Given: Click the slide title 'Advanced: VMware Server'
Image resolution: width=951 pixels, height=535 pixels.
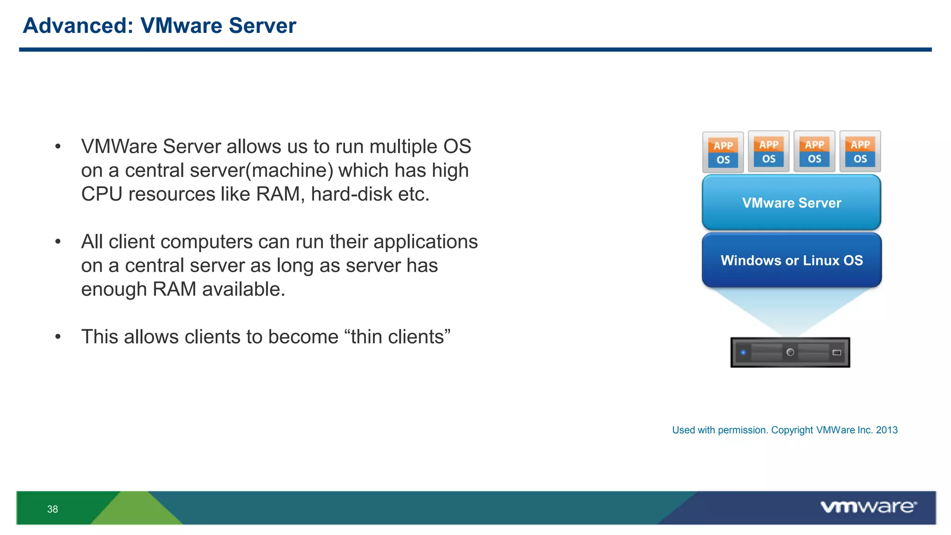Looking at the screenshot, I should click(159, 26).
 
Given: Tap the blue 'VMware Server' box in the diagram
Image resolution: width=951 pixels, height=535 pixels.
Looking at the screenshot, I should click(791, 202).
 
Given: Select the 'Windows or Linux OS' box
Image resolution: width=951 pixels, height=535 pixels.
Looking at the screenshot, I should click(791, 260).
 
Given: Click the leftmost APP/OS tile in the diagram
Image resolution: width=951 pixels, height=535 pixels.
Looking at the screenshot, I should click(723, 152).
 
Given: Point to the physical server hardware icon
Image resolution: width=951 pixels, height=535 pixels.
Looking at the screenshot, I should click(790, 352).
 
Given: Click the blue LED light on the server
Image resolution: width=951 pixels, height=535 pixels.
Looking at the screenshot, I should click(743, 352).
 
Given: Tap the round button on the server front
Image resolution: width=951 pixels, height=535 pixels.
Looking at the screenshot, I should click(790, 352).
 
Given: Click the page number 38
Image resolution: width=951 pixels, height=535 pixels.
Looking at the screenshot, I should click(52, 509).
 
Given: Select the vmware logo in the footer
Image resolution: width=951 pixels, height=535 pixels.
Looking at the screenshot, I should click(868, 507).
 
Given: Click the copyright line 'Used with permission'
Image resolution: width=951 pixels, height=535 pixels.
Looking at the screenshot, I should click(784, 430).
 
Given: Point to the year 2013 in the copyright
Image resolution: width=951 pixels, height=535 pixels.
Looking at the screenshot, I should click(887, 430).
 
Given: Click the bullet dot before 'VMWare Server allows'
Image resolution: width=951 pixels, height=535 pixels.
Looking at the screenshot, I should click(58, 147).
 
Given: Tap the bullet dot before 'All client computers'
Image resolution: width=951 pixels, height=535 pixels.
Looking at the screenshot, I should click(58, 242).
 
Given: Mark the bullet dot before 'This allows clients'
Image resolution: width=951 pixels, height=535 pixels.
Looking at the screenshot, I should click(58, 337).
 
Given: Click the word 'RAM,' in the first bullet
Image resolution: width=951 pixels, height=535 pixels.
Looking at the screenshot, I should click(280, 194).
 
